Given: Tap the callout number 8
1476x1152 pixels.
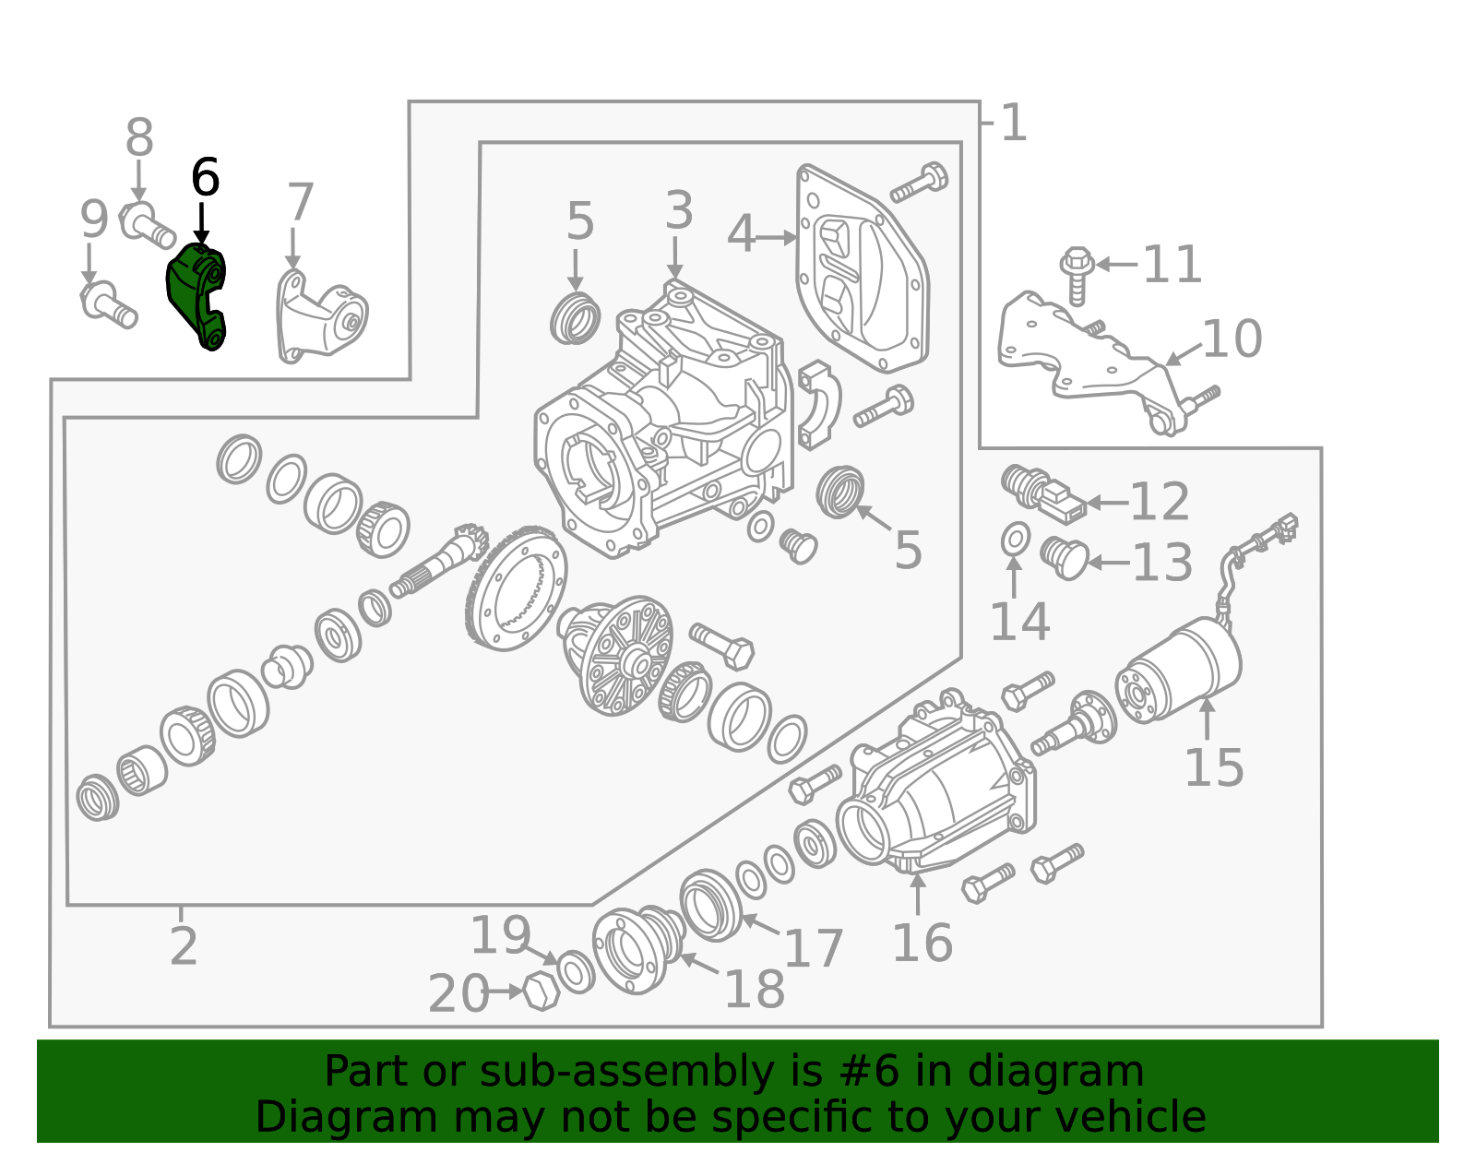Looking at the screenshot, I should click(x=139, y=139).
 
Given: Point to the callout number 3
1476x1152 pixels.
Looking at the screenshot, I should click(x=679, y=211).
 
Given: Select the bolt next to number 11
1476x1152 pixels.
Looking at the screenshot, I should click(x=1077, y=275).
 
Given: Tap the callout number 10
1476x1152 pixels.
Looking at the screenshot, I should click(x=1232, y=339).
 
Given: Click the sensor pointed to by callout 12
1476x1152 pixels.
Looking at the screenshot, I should click(x=1044, y=493).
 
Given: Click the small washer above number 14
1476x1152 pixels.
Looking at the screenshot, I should click(x=1016, y=539).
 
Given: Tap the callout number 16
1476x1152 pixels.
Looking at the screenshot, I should click(x=922, y=944).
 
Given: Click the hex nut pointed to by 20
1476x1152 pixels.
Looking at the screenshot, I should click(x=542, y=992).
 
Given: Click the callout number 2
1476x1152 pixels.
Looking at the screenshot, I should click(x=184, y=946).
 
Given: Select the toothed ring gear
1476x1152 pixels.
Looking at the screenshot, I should click(x=517, y=590).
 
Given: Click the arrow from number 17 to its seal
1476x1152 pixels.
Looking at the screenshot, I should click(x=761, y=925).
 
